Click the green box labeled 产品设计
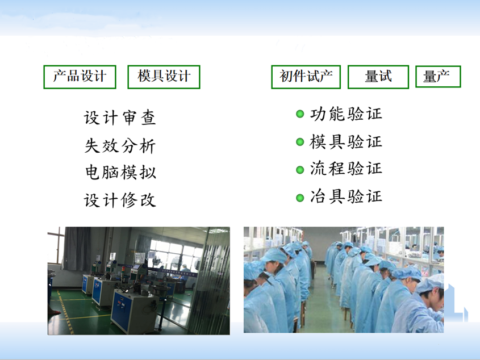pyautogui.click(x=80, y=77)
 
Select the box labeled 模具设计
pyautogui.click(x=164, y=77)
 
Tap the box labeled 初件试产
pyautogui.click(x=306, y=77)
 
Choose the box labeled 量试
pyautogui.click(x=378, y=77)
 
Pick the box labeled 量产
pyautogui.click(x=438, y=77)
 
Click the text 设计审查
pyautogui.click(x=120, y=118)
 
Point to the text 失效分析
pyautogui.click(x=120, y=145)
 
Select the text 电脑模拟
pyautogui.click(x=120, y=173)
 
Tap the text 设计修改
pyautogui.click(x=120, y=200)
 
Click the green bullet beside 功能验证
pyautogui.click(x=300, y=114)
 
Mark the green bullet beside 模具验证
pyautogui.click(x=300, y=142)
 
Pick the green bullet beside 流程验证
pyautogui.click(x=300, y=170)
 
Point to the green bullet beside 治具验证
pyautogui.click(x=300, y=198)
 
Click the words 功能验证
pyautogui.click(x=346, y=114)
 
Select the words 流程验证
pyautogui.click(x=346, y=169)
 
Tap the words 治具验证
pyautogui.click(x=346, y=196)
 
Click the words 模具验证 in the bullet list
pyautogui.click(x=346, y=142)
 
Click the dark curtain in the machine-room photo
pyautogui.click(x=77, y=249)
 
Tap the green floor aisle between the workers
pyautogui.click(x=324, y=300)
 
